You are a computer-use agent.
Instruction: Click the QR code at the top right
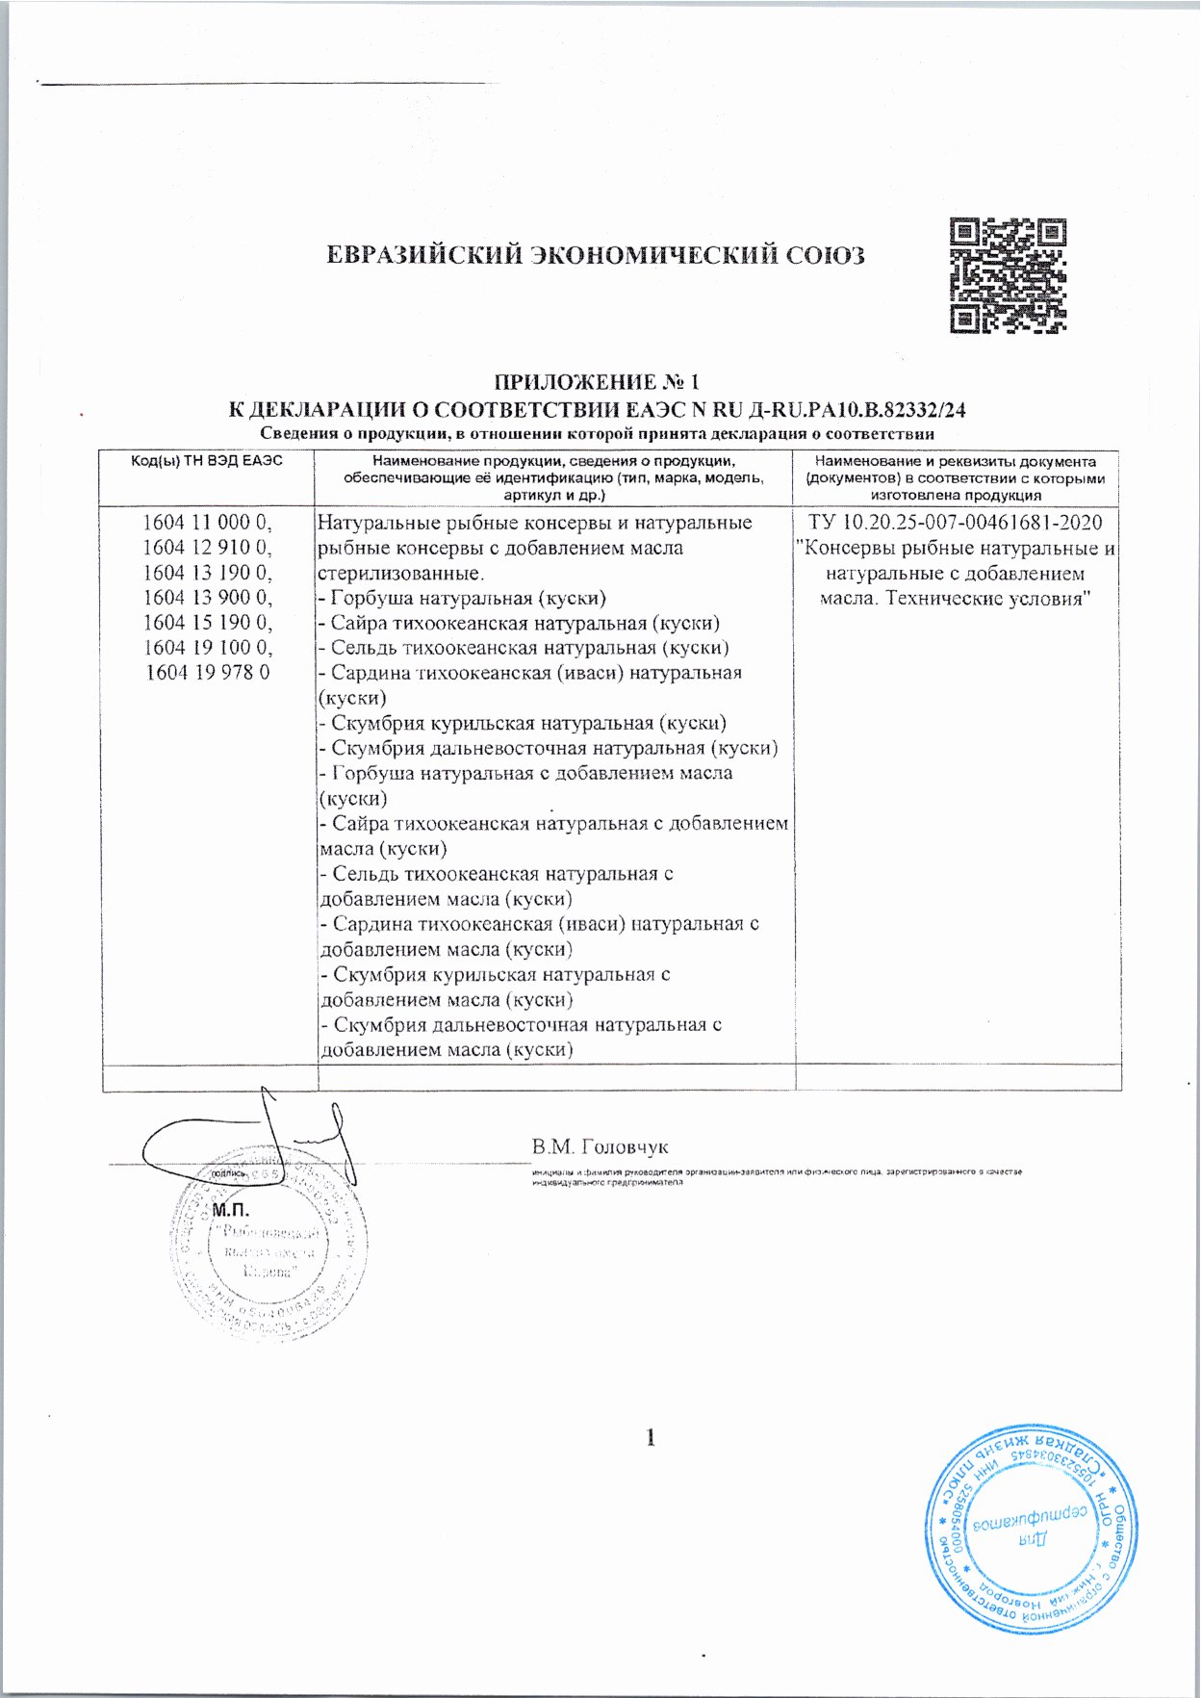(x=1008, y=276)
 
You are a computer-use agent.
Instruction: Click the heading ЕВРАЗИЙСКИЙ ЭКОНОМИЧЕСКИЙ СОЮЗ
(x=596, y=256)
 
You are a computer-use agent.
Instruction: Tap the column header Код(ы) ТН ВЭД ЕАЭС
(x=207, y=462)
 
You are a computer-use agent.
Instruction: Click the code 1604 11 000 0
(x=208, y=523)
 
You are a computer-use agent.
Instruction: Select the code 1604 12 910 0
(x=208, y=548)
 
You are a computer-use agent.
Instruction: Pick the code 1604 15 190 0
(x=208, y=623)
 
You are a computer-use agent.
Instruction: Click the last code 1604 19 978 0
(x=208, y=673)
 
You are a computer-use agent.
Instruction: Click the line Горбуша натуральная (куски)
(x=462, y=598)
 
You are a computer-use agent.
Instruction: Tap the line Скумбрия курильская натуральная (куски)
(x=523, y=723)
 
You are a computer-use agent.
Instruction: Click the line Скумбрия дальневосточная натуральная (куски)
(x=549, y=748)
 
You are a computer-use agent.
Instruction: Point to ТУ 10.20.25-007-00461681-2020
(x=956, y=523)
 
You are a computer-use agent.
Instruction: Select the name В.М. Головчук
(x=600, y=1146)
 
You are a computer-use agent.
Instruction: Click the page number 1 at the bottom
(x=652, y=1438)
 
